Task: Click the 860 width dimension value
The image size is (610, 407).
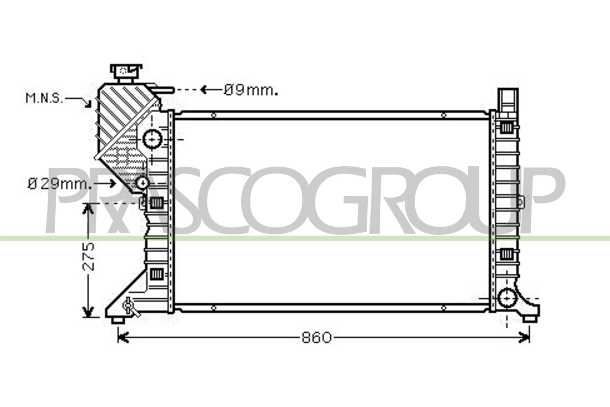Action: coord(316,338)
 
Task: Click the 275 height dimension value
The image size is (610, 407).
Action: coord(88,256)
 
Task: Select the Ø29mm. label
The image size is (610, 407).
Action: coord(60,184)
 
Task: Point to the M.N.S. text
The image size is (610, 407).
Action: coord(44,98)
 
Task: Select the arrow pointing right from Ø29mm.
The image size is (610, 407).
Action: coord(112,183)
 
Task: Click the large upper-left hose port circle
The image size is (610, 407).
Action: coord(152,139)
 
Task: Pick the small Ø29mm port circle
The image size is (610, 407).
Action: coord(142,183)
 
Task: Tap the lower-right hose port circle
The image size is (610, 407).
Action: coord(507,298)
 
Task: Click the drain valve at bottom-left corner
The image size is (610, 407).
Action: coord(129,306)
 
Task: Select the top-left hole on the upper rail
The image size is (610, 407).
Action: coord(213,115)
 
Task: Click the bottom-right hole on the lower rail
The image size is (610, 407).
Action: coord(444,308)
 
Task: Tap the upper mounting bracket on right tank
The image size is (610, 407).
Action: coord(508,101)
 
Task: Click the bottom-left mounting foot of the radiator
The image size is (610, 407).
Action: coord(118,320)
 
